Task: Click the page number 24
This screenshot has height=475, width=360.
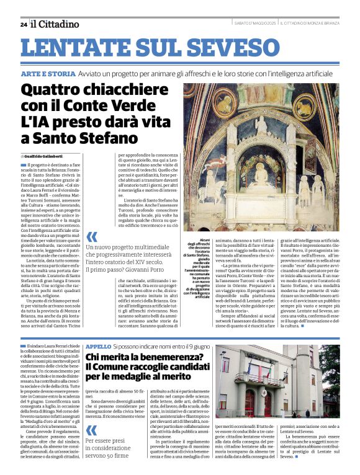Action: [23, 24]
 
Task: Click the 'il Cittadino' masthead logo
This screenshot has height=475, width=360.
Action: [55, 24]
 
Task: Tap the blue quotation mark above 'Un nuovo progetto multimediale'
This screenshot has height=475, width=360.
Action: [92, 236]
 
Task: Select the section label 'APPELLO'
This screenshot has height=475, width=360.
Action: [98, 345]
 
